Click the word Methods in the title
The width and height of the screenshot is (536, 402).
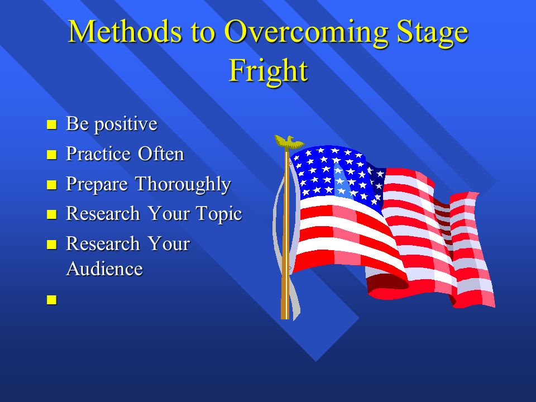pyautogui.click(x=125, y=31)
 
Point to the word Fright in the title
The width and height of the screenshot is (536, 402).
pyautogui.click(x=269, y=70)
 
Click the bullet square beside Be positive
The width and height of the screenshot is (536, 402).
pyautogui.click(x=51, y=125)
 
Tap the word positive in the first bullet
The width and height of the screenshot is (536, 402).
pyautogui.click(x=126, y=125)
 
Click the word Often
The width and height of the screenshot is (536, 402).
pyautogui.click(x=161, y=154)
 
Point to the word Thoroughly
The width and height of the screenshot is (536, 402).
pyautogui.click(x=183, y=185)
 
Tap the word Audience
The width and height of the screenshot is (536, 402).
pyautogui.click(x=104, y=269)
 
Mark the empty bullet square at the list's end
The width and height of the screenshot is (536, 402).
pyautogui.click(x=51, y=300)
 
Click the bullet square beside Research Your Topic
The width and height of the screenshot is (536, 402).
pyautogui.click(x=51, y=214)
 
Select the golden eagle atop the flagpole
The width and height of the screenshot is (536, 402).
pyautogui.click(x=289, y=142)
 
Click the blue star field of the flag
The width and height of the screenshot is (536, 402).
pyautogui.click(x=337, y=174)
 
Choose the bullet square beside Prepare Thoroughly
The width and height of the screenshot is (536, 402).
pyautogui.click(x=51, y=185)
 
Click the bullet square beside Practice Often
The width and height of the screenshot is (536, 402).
pyautogui.click(x=51, y=155)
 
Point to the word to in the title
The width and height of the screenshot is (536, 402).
pyautogui.click(x=203, y=33)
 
